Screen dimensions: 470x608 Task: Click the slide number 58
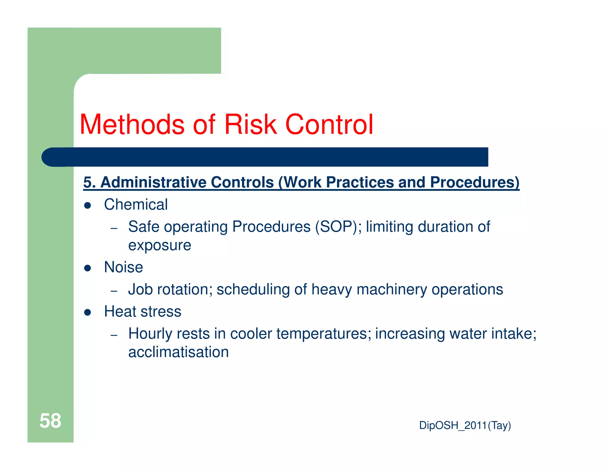point(50,421)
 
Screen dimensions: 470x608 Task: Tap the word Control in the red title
point(329,124)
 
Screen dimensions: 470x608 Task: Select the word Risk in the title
point(250,124)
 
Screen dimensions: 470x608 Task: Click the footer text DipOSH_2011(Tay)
point(465,425)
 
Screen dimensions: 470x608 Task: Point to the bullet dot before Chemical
point(87,206)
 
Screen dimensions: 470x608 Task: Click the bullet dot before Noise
point(87,268)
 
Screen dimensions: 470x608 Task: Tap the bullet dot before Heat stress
point(87,313)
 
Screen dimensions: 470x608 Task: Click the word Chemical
point(136,205)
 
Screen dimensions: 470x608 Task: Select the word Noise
point(123,267)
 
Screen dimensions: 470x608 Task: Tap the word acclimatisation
point(178,352)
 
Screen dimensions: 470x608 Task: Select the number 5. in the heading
point(89,182)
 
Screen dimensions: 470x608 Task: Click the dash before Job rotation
point(114,291)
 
